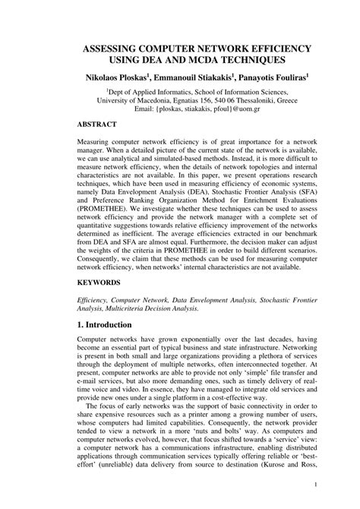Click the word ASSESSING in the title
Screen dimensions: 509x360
(x=115, y=46)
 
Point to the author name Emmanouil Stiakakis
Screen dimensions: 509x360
(x=191, y=78)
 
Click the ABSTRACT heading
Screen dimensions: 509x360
(x=101, y=123)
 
